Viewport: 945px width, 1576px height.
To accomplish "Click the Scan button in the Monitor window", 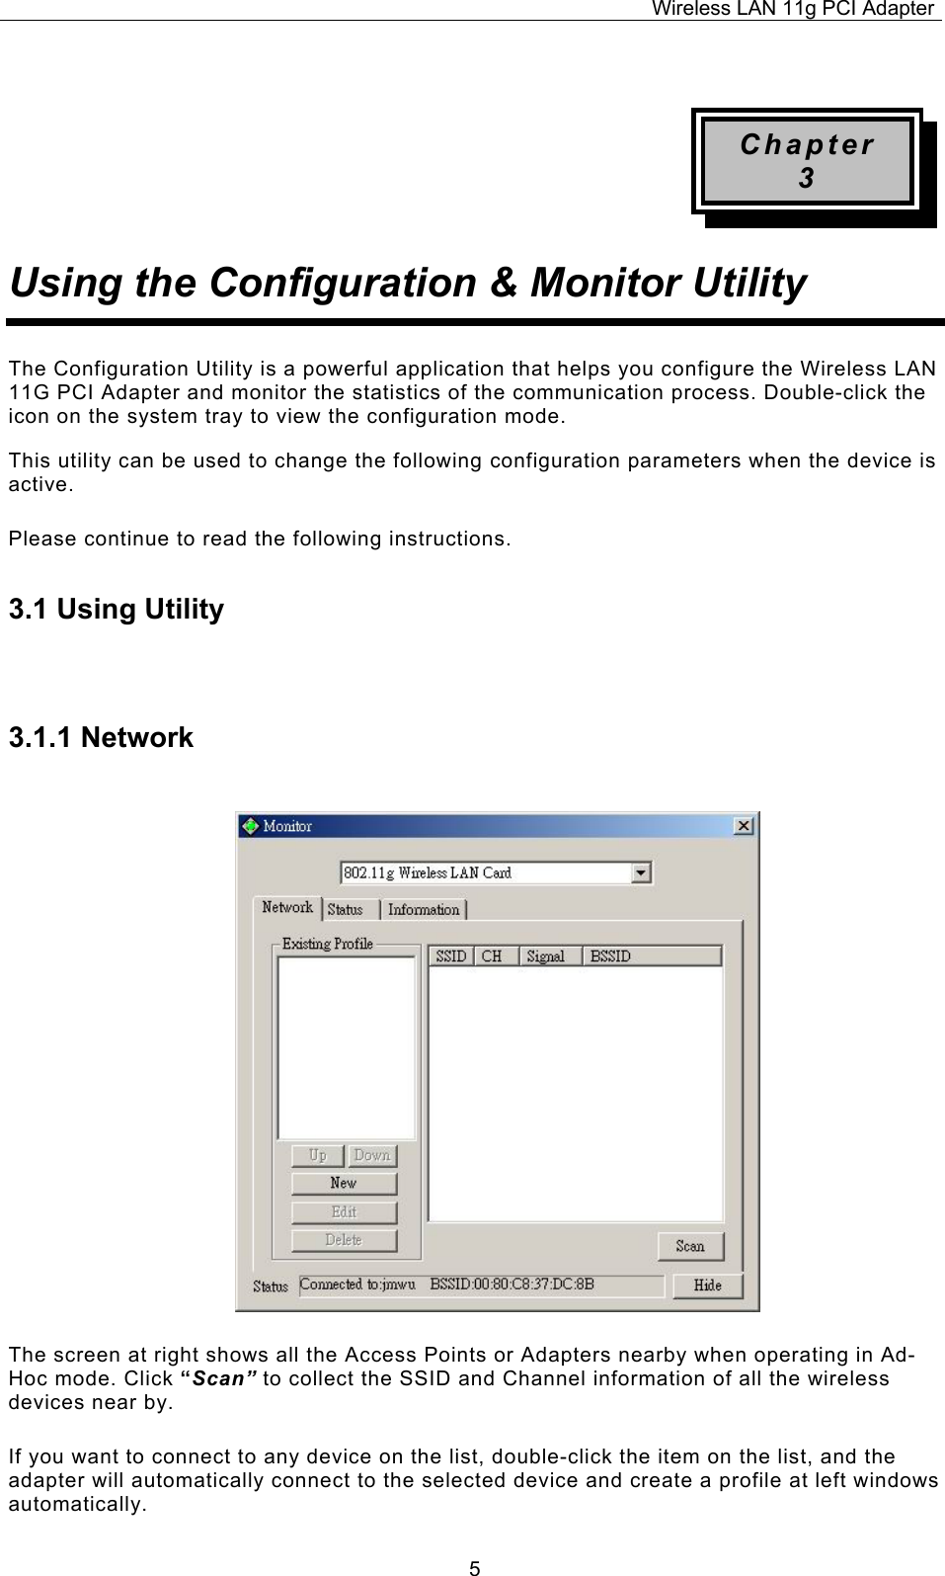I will [x=690, y=1246].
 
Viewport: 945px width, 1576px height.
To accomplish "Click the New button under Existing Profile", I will [x=344, y=1183].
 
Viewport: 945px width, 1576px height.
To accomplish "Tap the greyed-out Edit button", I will [x=344, y=1211].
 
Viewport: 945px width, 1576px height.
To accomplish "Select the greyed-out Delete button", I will [x=344, y=1239].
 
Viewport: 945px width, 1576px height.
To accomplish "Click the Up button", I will [x=317, y=1155].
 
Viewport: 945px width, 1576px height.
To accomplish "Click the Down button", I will [x=371, y=1155].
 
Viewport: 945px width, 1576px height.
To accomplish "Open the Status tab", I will [x=345, y=909].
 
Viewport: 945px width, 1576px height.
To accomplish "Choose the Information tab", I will [x=424, y=909].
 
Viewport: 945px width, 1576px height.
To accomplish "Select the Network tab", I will [x=287, y=907].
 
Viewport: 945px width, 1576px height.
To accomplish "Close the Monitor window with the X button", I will [x=744, y=825].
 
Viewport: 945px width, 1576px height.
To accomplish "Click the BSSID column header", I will [x=652, y=955].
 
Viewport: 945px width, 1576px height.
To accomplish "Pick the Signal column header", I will [x=549, y=955].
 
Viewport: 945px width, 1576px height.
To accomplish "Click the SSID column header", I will [x=451, y=955].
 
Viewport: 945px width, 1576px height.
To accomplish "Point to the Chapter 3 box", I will [x=807, y=161].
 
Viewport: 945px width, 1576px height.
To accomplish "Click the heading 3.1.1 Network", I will [x=101, y=738].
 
